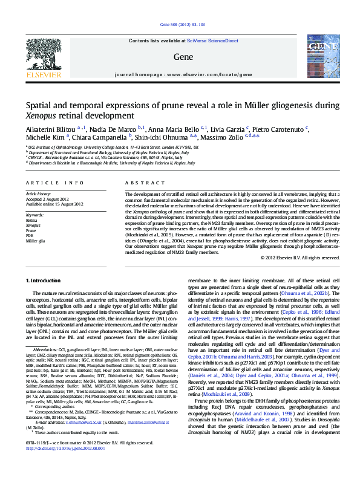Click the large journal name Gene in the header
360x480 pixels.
click(182, 56)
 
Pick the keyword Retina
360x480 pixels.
click(31, 221)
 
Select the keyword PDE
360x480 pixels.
click(30, 236)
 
